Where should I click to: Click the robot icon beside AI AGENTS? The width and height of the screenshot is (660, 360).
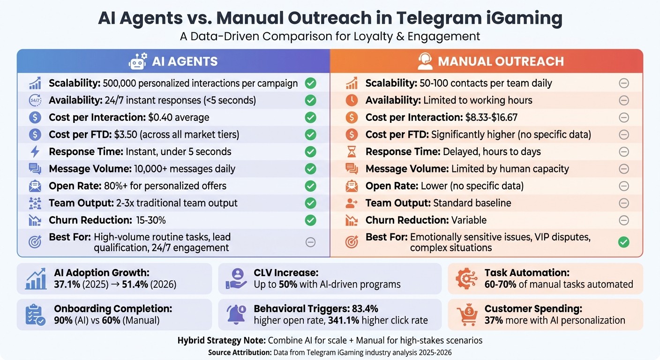coord(137,61)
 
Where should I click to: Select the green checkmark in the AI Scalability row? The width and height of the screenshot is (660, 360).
coord(310,83)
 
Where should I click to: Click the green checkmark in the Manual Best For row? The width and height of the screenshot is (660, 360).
coord(623,242)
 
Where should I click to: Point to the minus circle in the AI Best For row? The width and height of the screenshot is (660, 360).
coord(310,242)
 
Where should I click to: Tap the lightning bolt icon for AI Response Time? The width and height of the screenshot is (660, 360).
coord(35,151)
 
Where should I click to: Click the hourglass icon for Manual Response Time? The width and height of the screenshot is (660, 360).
coord(352,151)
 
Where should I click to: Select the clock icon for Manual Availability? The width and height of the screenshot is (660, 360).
coord(352,100)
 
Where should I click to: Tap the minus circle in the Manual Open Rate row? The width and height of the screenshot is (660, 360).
coord(623,186)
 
